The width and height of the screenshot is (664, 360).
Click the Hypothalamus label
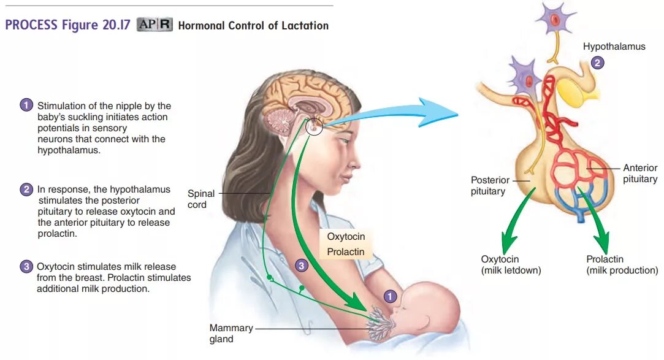(x=614, y=47)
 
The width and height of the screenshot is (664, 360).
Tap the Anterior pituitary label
(x=640, y=173)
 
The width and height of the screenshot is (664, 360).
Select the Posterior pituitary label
(x=490, y=185)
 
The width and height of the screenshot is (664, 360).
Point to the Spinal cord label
(x=200, y=199)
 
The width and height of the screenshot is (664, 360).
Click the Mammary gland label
(x=231, y=333)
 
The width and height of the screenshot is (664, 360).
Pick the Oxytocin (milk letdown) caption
(x=511, y=264)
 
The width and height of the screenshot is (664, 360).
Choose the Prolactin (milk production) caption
(x=622, y=264)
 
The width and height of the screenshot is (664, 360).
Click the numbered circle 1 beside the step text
(x=26, y=105)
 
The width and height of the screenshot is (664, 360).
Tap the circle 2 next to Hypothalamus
(x=598, y=62)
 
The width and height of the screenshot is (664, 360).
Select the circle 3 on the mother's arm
(x=300, y=266)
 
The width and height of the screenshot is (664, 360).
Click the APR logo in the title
(x=154, y=25)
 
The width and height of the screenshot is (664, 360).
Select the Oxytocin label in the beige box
(x=345, y=237)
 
